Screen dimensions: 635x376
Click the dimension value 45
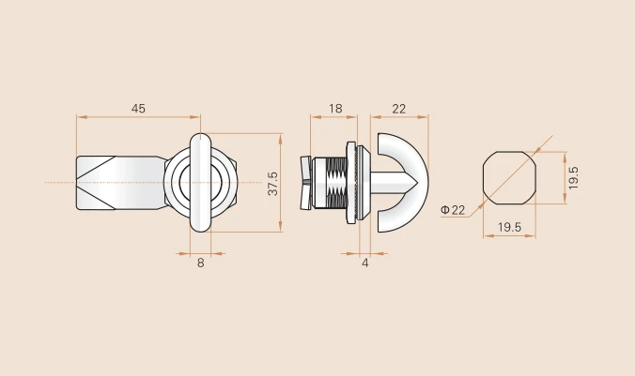click(138, 109)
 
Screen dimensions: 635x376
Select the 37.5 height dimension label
click(273, 184)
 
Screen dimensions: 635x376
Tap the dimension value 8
click(200, 263)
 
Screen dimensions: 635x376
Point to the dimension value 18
click(335, 109)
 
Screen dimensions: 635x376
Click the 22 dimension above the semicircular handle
click(399, 109)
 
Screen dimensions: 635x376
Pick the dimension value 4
click(365, 263)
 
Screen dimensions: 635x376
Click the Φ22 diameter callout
click(453, 210)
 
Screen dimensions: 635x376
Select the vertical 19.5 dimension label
click(573, 178)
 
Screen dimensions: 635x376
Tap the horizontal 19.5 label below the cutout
click(509, 227)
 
